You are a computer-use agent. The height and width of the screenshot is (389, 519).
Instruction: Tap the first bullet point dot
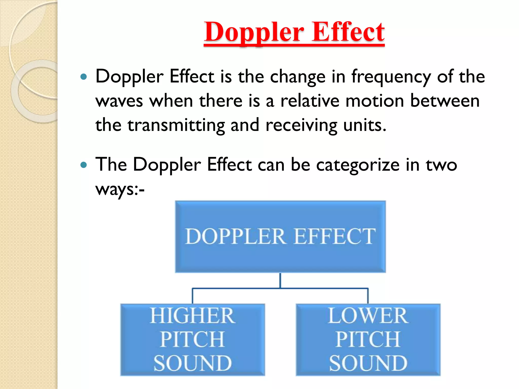pos(83,76)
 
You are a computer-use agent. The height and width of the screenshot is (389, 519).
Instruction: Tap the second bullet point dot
pos(83,165)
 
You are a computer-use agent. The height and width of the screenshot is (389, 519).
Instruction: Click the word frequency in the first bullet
pos(391,77)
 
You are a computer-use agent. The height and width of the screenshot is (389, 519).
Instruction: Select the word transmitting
pos(176,125)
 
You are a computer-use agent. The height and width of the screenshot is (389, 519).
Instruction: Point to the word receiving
pos(302,125)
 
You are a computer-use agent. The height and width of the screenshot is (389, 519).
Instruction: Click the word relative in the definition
pos(310,101)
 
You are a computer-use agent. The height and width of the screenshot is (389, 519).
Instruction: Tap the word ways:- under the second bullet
pos(120,189)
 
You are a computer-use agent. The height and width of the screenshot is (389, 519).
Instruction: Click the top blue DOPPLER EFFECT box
pos(280,237)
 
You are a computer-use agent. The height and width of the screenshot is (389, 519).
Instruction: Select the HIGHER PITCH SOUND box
pos(193,339)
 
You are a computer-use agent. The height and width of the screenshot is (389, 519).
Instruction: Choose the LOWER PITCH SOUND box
pos(368,339)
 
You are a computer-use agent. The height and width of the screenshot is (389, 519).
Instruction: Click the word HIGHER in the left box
pos(193,316)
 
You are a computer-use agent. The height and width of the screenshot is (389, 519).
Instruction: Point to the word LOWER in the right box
pos(368,316)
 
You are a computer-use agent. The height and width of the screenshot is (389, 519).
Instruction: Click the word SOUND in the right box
pos(368,363)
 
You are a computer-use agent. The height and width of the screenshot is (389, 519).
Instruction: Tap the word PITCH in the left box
pos(193,339)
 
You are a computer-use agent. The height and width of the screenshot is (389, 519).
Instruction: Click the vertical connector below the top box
pos(280,280)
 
